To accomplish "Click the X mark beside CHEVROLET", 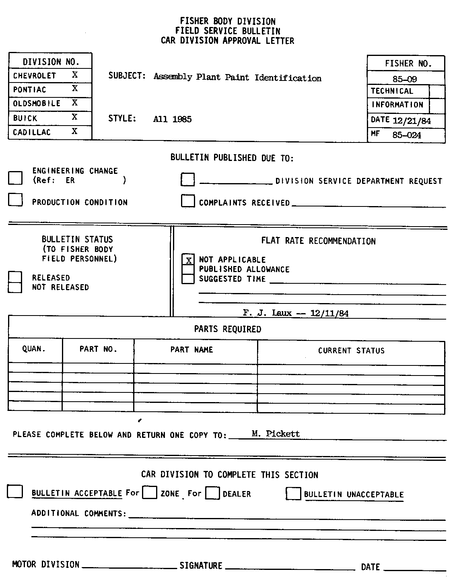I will [x=75, y=75].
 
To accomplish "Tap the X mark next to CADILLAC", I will [x=75, y=131].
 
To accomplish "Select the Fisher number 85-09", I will [x=405, y=79].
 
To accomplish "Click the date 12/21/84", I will [x=412, y=121].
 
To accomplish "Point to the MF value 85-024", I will [x=407, y=135].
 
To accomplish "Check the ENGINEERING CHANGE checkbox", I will [x=15, y=177].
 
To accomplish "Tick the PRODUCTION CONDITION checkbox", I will [x=15, y=200].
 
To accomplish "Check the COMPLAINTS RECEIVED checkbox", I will [x=188, y=200].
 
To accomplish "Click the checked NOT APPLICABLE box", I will [x=188, y=260].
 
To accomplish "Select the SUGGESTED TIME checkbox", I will [x=188, y=279].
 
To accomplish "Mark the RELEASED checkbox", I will [x=15, y=277].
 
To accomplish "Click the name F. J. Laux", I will [x=267, y=313].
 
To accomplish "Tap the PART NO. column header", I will [x=98, y=349].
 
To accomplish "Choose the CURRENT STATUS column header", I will [x=351, y=351].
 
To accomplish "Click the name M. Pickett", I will [x=276, y=433].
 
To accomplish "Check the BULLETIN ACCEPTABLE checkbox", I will [x=15, y=491].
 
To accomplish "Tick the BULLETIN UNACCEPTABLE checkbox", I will [x=293, y=493].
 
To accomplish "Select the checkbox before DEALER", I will [x=212, y=493].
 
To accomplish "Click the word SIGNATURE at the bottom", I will [x=201, y=565].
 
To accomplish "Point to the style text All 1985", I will [x=172, y=119].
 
